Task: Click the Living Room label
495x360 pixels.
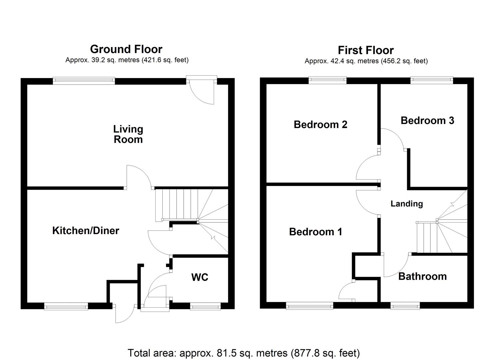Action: tap(128, 134)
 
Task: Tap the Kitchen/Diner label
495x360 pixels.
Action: tap(86, 231)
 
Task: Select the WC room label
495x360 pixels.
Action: tap(200, 277)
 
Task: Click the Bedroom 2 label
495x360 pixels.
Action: tap(320, 125)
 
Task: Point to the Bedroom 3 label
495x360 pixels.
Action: tap(427, 120)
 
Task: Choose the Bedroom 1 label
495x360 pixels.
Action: tap(315, 232)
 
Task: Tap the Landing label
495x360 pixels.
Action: tap(407, 204)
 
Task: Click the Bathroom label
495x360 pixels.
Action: tap(422, 276)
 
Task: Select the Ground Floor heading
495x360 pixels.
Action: tap(126, 49)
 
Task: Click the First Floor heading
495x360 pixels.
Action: tap(366, 50)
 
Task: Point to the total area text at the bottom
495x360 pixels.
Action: tap(244, 353)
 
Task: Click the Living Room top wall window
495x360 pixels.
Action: tap(84, 80)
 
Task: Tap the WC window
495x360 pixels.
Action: tap(205, 306)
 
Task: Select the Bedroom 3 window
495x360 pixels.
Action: tap(432, 80)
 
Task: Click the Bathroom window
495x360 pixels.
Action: tap(405, 306)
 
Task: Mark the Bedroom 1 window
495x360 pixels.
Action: tap(310, 306)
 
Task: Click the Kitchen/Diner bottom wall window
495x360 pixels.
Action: tap(66, 306)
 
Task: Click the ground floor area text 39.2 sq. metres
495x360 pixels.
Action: tap(127, 60)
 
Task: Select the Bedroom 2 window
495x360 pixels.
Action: tap(327, 80)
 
